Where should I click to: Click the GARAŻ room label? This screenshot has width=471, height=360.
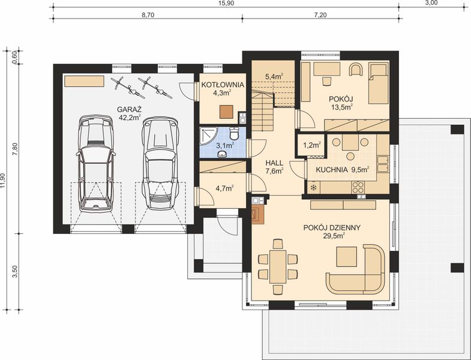(x=129, y=109)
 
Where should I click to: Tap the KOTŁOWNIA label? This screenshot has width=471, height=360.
(x=223, y=85)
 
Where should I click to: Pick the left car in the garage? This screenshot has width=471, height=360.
(x=95, y=163)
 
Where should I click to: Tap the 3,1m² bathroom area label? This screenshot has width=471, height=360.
(x=224, y=145)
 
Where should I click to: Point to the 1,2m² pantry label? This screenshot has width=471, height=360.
(x=311, y=145)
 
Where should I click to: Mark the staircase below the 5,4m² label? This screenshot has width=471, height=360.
(x=262, y=111)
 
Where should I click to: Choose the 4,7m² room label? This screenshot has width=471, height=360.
(x=224, y=188)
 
